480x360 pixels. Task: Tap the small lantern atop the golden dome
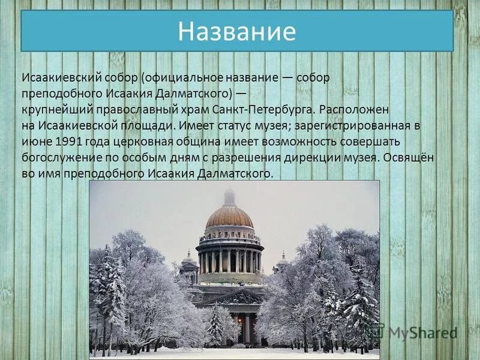229,196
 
